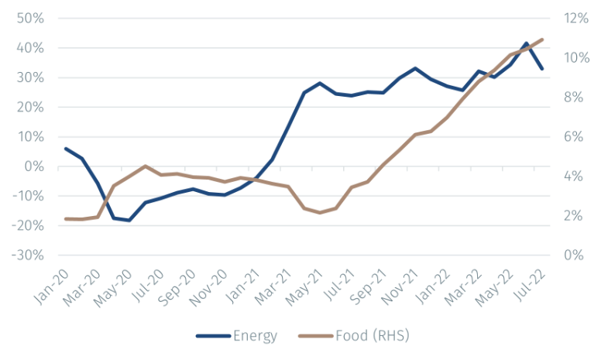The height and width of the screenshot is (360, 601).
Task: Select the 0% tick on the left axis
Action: pos(35,166)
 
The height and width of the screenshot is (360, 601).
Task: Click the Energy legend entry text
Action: pos(255,336)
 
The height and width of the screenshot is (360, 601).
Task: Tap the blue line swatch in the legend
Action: pos(212,336)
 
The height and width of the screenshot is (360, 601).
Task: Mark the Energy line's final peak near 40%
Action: pos(527,44)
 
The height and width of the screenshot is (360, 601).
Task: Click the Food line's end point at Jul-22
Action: pos(542,39)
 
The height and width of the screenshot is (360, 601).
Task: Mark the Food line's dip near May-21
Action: pos(320,212)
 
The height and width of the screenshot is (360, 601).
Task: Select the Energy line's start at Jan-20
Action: pos(65,148)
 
